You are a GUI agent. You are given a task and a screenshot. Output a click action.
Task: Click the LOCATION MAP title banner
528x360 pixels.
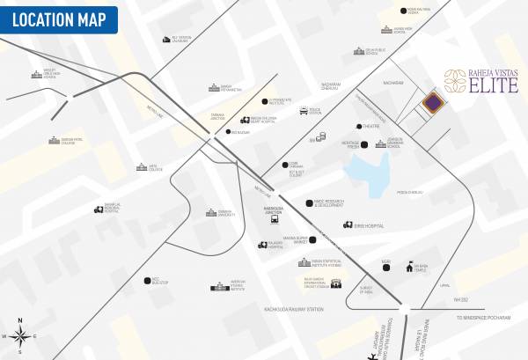(59, 18)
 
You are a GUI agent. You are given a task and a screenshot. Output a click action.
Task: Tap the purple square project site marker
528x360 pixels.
(431, 104)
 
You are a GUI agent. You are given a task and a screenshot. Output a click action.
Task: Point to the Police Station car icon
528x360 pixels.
(304, 112)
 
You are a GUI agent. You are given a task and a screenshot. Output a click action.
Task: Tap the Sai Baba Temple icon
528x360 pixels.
(408, 266)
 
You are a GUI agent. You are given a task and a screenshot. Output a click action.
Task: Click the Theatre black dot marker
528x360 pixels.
(358, 127)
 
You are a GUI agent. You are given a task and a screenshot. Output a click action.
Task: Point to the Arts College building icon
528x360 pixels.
(141, 167)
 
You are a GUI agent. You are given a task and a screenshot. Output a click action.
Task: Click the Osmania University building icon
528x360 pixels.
(211, 212)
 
